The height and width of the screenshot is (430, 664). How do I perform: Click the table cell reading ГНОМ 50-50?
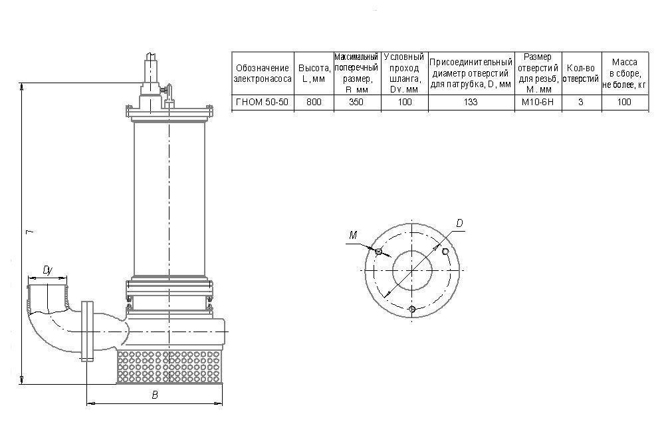coord(262,103)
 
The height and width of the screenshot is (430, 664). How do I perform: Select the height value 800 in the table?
coord(314,103)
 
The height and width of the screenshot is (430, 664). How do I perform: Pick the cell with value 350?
coord(356,103)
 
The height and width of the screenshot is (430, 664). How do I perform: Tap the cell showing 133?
coord(471,103)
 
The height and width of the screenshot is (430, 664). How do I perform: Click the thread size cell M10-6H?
coord(538,103)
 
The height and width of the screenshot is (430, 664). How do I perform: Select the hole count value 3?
coord(580,103)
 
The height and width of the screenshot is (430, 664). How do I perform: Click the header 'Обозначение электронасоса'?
coord(263,73)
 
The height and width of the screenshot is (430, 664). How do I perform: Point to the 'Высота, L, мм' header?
coord(314,73)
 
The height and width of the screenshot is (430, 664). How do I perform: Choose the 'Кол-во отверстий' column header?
coord(580,73)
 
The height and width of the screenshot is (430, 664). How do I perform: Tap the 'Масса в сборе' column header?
coord(624,73)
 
